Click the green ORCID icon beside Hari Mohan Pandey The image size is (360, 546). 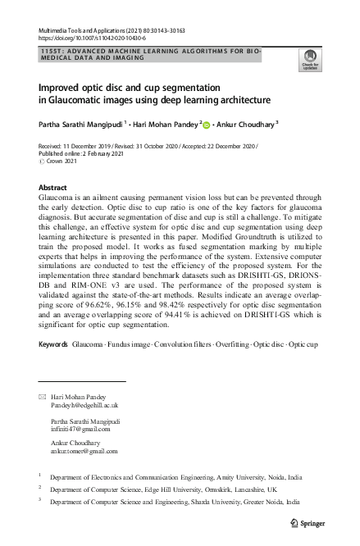click(207, 125)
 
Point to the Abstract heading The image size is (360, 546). click(53, 188)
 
